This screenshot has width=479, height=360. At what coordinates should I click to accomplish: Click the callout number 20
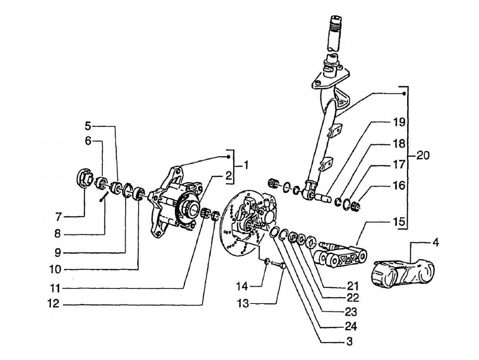click(423, 156)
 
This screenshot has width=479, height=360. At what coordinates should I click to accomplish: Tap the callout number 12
click(53, 303)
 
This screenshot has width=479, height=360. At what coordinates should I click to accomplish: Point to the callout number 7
click(58, 217)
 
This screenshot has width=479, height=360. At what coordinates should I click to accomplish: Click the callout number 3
click(350, 342)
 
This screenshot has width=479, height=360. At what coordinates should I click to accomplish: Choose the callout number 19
click(399, 122)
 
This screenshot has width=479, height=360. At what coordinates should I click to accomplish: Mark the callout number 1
click(246, 165)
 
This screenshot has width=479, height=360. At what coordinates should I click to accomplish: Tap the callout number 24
click(351, 326)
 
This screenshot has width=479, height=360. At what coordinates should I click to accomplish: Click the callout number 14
click(242, 286)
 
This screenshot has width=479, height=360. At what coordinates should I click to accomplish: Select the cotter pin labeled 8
click(104, 196)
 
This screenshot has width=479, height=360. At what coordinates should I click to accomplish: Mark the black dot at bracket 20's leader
click(404, 94)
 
